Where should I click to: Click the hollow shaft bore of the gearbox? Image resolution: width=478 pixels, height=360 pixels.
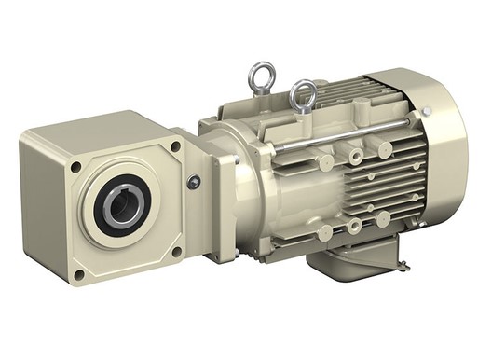[x=124, y=206]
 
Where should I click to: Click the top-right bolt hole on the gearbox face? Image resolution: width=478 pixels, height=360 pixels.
[x=174, y=147]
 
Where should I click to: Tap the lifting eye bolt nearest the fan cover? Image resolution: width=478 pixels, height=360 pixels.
[x=302, y=95]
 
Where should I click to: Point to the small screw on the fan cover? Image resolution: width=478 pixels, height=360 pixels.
[x=427, y=111]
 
